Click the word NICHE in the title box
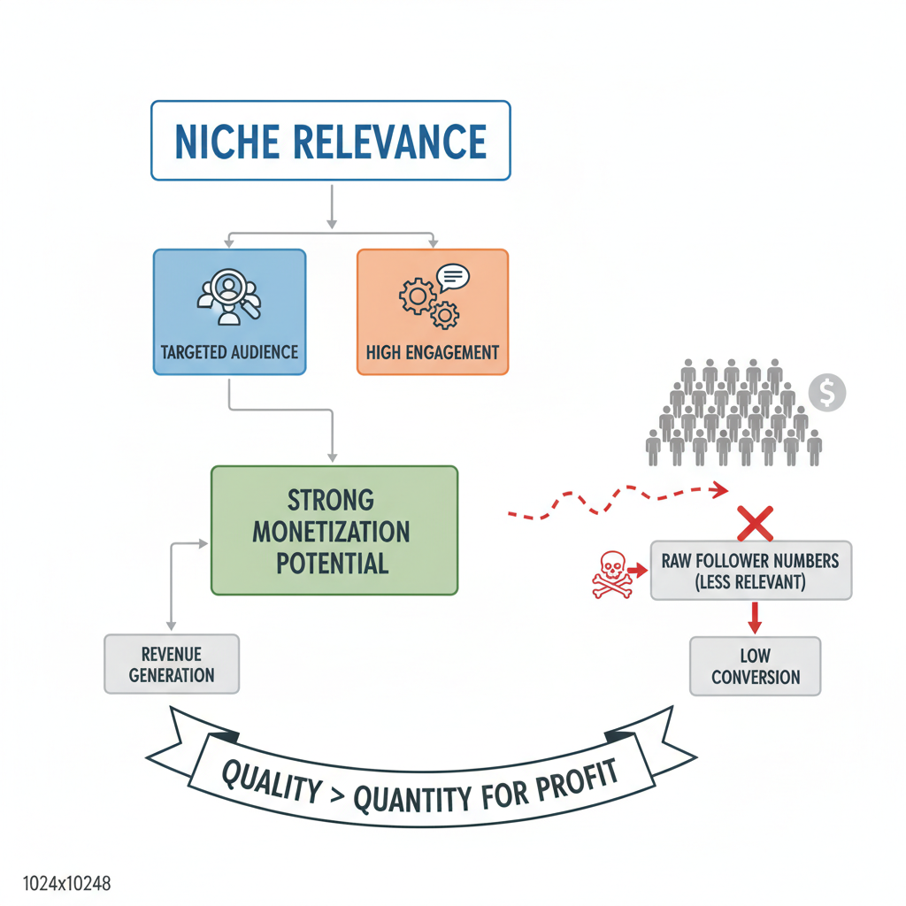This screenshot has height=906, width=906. click(x=226, y=142)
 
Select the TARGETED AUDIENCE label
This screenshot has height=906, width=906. click(x=229, y=352)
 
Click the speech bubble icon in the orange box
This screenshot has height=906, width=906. click(x=453, y=278)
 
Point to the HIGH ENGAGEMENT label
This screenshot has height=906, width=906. click(x=433, y=352)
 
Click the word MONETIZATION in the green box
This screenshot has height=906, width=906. click(x=332, y=532)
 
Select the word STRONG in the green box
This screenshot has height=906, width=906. click(x=332, y=500)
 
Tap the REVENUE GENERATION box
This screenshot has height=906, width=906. click(x=172, y=664)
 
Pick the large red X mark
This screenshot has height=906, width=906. click(x=755, y=523)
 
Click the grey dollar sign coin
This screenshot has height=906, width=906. click(x=826, y=390)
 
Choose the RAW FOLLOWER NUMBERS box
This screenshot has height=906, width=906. click(x=750, y=571)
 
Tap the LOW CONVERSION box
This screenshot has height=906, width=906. click(x=755, y=666)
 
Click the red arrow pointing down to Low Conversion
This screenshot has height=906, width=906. click(x=754, y=618)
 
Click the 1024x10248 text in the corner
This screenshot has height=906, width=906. click(x=55, y=884)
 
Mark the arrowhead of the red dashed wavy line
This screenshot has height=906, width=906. click(x=722, y=488)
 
